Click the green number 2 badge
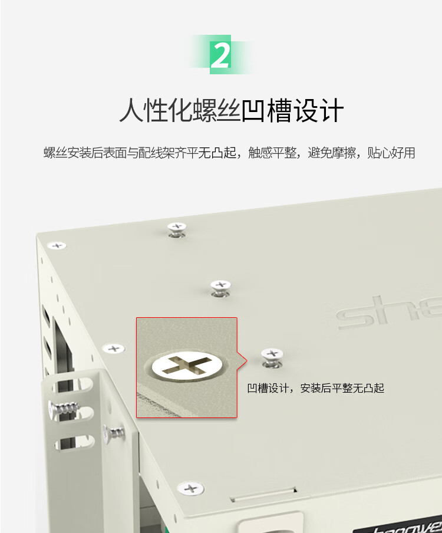click(x=220, y=54)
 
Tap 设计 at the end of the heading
click(x=318, y=110)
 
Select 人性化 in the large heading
click(x=156, y=110)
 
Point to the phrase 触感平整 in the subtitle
click(x=272, y=153)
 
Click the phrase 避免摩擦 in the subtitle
click(x=332, y=153)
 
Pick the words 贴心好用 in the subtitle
click(x=391, y=153)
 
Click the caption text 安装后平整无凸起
click(x=342, y=388)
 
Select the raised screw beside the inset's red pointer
click(x=272, y=358)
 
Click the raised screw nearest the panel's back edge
click(x=177, y=230)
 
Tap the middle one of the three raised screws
click(x=220, y=288)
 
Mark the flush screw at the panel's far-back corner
click(x=57, y=245)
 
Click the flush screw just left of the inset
click(x=114, y=348)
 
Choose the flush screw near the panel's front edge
click(x=190, y=489)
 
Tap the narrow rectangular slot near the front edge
click(x=263, y=495)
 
